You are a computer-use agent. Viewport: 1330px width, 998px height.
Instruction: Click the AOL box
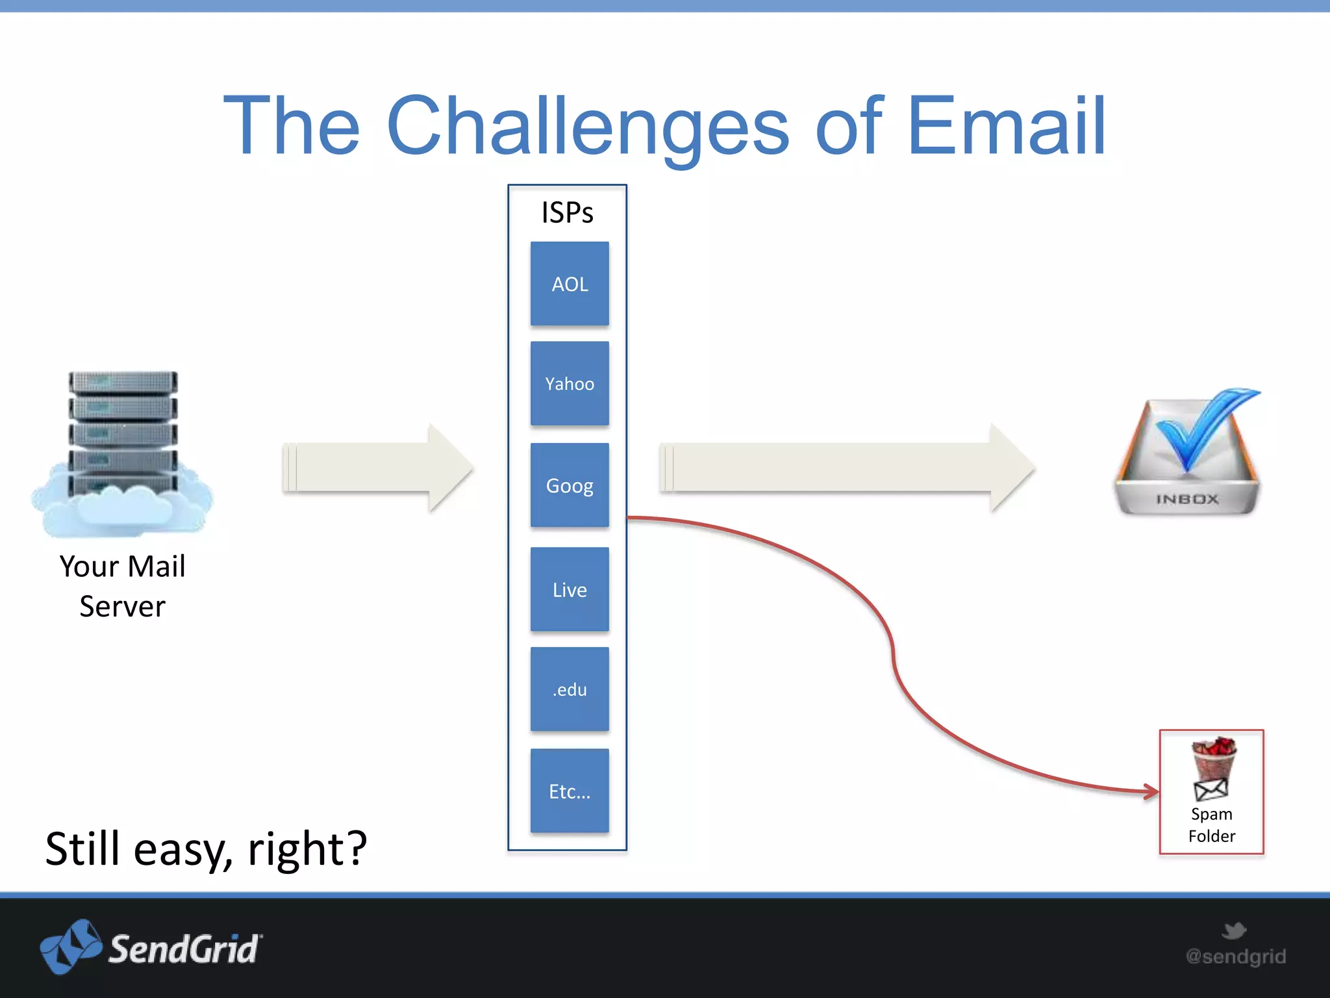tap(570, 284)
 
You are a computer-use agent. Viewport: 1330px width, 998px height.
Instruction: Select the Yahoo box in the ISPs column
tap(570, 384)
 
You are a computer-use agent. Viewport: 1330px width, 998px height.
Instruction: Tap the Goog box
tap(570, 485)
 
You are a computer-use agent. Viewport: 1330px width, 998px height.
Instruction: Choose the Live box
tap(570, 589)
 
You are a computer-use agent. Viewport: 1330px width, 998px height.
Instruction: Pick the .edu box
tap(570, 689)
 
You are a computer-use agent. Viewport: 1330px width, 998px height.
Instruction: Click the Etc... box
tap(570, 791)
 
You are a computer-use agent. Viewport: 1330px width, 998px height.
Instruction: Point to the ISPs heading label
tap(567, 212)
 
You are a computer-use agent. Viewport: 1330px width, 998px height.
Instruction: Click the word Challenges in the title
tap(587, 127)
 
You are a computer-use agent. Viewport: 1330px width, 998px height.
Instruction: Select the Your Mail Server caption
tap(123, 585)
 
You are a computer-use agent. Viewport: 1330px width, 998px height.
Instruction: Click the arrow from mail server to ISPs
tap(377, 467)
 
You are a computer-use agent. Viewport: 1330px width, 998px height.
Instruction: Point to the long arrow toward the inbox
tap(844, 467)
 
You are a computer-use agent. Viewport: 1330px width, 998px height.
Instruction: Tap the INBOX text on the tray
tap(1187, 499)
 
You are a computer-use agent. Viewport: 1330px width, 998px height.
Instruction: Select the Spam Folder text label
tap(1211, 825)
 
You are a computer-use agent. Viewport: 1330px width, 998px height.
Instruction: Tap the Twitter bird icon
tap(1233, 930)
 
